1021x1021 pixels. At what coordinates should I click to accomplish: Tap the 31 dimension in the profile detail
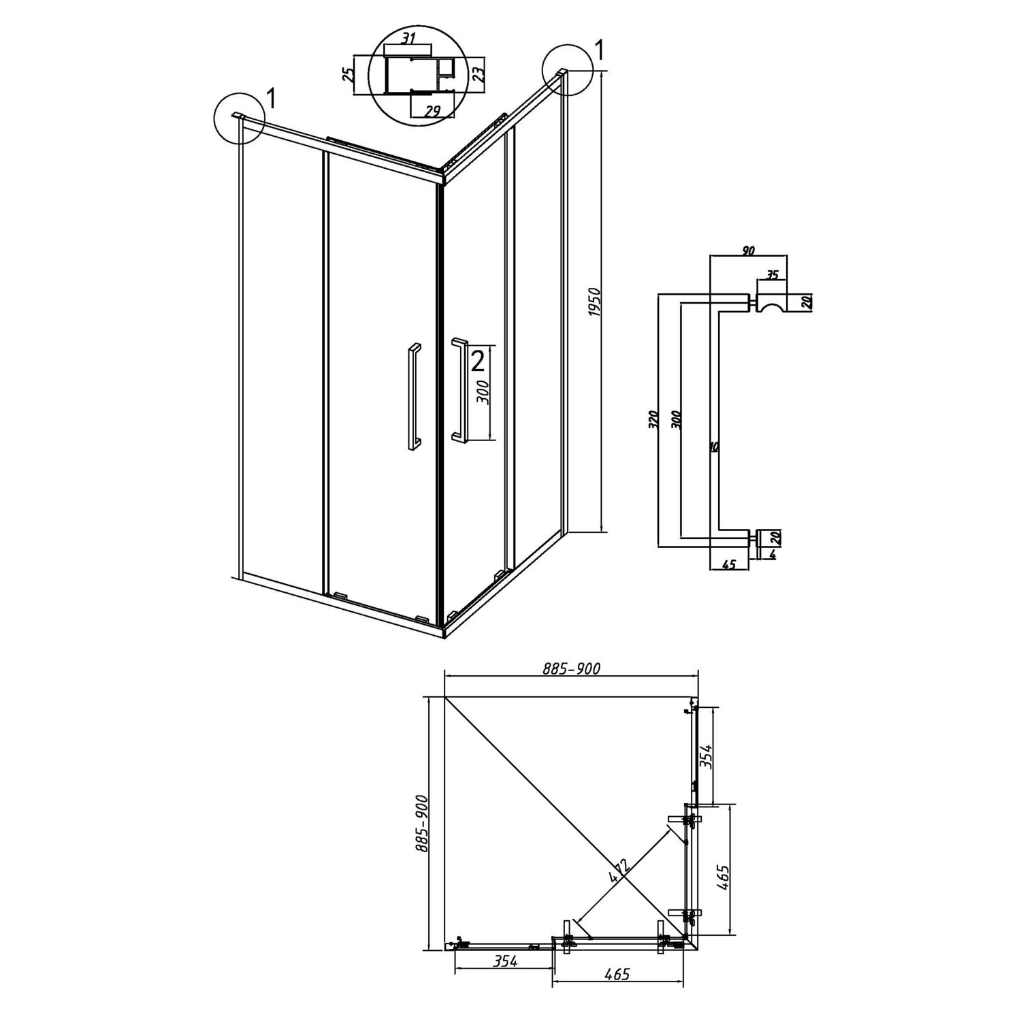tap(408, 39)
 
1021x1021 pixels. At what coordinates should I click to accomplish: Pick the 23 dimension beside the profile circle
tap(479, 74)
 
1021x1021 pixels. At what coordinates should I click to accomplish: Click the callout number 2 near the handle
tap(477, 360)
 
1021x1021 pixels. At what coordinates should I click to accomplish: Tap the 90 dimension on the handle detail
tap(747, 251)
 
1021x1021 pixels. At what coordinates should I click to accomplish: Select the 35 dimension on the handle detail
tap(772, 275)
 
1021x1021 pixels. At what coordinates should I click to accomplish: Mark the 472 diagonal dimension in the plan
tap(619, 871)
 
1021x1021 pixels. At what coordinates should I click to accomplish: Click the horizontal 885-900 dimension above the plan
tap(571, 669)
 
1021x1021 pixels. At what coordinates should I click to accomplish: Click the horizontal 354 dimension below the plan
tap(506, 961)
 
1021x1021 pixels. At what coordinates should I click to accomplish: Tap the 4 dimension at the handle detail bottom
tap(773, 554)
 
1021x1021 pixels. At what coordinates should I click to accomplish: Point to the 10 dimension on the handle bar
tap(713, 447)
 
